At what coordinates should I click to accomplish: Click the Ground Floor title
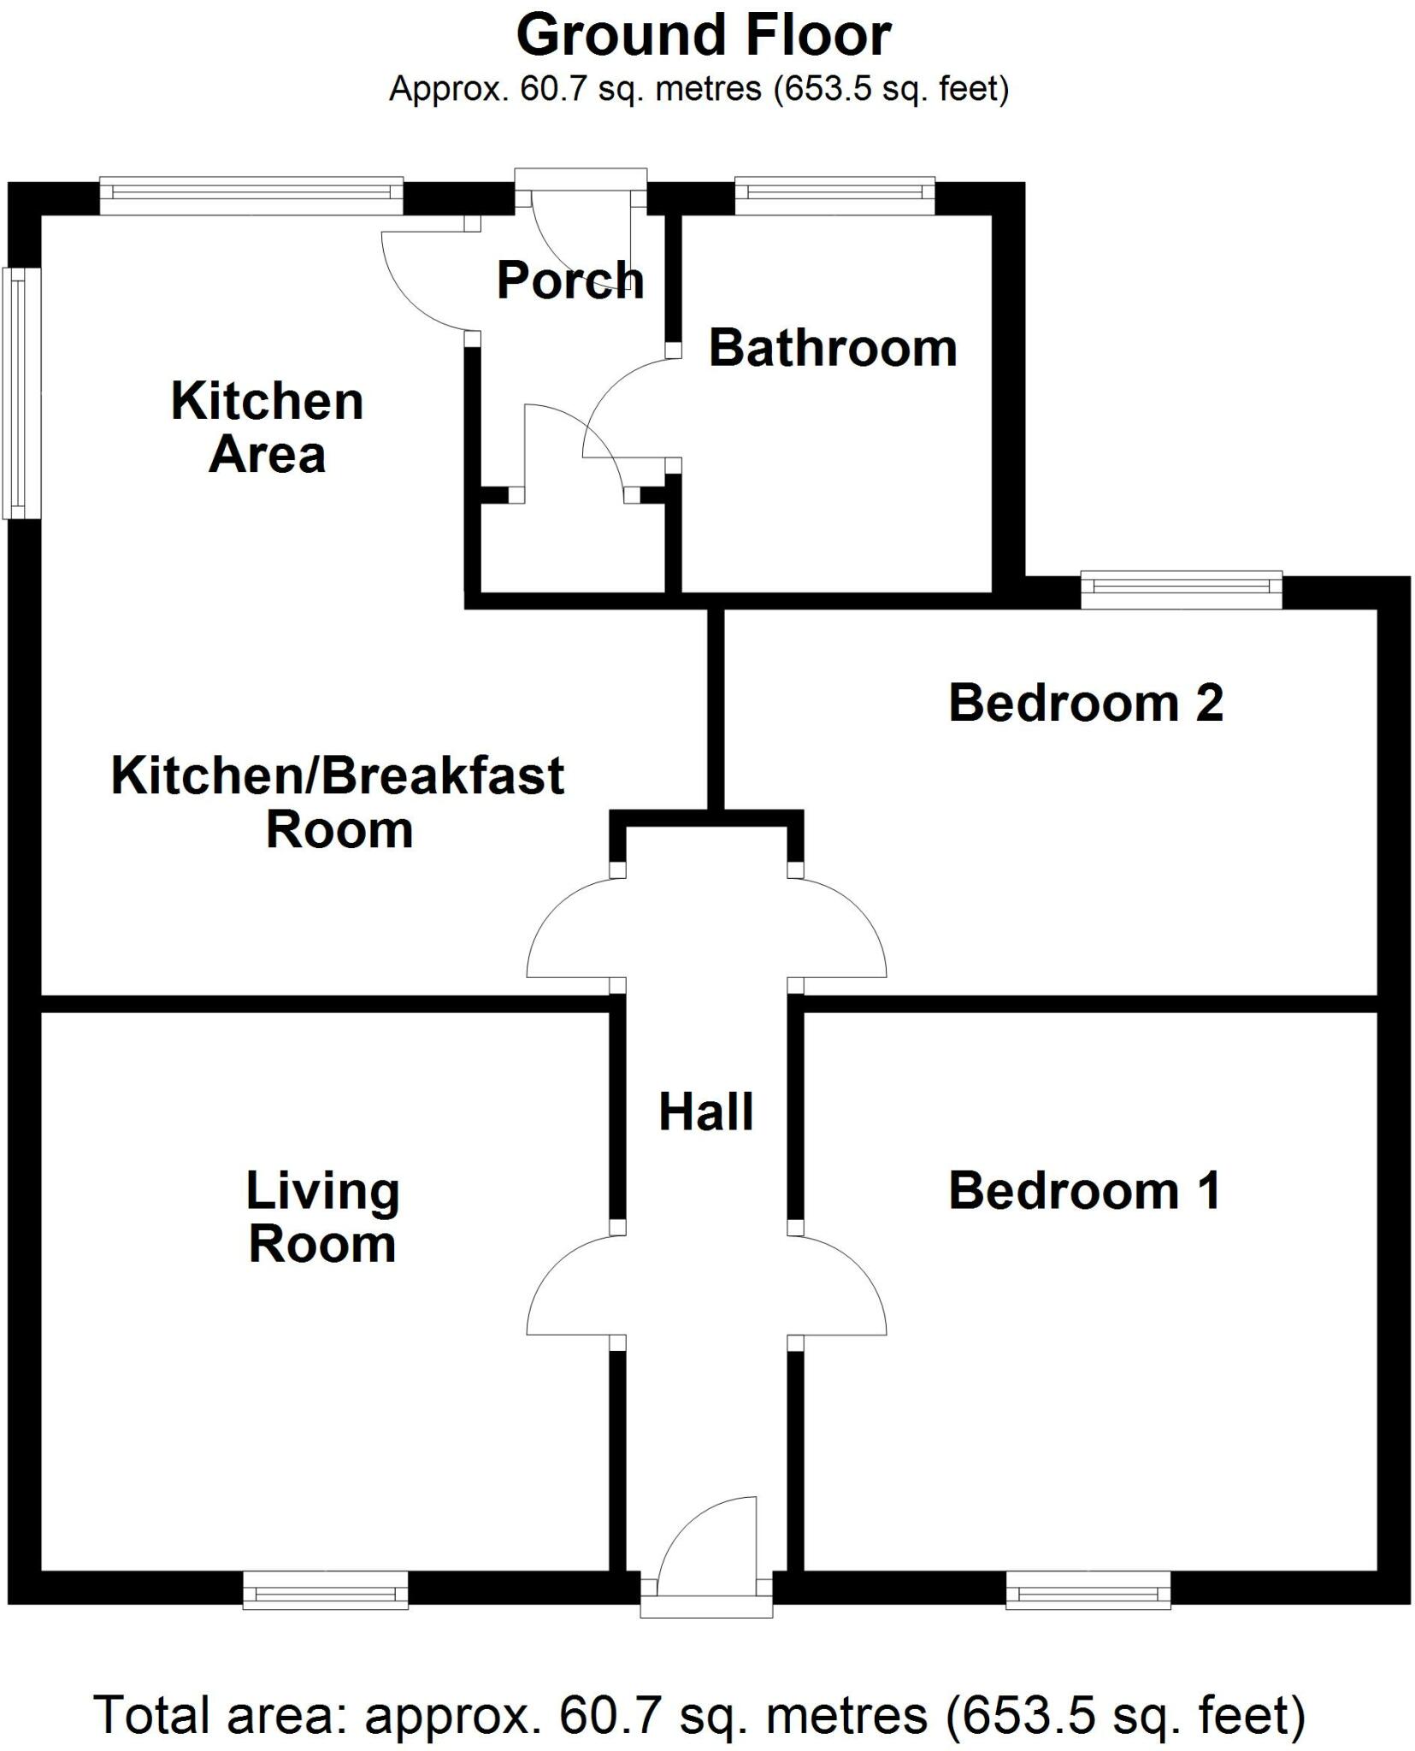click(x=704, y=36)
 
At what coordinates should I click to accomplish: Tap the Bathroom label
click(x=833, y=348)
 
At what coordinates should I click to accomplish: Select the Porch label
click(x=570, y=280)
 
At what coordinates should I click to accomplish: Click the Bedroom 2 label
click(x=1086, y=703)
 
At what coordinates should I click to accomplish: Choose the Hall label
click(x=706, y=1112)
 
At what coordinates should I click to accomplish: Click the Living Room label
click(x=322, y=1217)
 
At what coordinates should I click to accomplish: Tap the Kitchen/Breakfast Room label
click(x=339, y=802)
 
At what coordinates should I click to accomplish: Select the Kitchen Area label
click(x=268, y=427)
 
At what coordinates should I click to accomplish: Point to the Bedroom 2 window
click(x=1182, y=590)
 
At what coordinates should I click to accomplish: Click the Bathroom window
click(x=834, y=196)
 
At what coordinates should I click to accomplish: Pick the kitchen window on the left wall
click(x=22, y=393)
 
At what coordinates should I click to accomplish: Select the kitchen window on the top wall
click(x=251, y=196)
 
